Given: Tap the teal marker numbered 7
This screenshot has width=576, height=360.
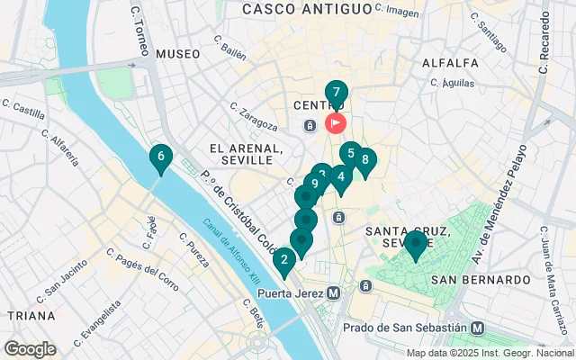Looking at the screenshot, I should (336, 93).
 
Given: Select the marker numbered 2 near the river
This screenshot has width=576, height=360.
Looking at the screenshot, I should (284, 262).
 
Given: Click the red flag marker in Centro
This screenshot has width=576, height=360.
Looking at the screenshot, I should (336, 122).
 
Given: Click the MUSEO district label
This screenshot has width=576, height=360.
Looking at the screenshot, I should (177, 54).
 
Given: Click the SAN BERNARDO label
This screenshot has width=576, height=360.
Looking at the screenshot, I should (481, 280).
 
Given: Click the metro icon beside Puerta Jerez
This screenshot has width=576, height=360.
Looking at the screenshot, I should (334, 292).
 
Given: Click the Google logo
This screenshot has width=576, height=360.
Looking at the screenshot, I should (30, 349).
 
